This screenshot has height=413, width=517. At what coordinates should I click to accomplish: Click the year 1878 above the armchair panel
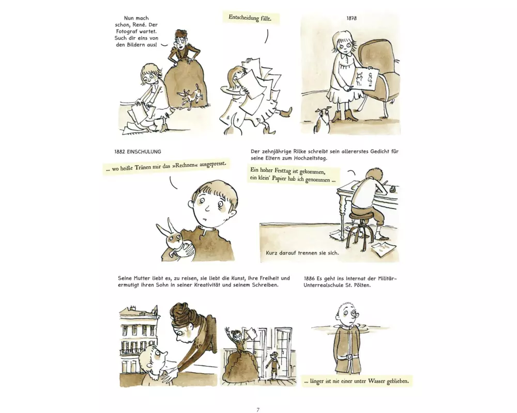352,19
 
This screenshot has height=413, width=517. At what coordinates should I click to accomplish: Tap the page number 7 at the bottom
258,410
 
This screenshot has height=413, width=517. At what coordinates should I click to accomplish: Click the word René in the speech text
151,25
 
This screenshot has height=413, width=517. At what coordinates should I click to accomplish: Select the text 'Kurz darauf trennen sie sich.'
302,253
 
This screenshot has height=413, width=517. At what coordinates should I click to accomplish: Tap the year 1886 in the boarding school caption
309,279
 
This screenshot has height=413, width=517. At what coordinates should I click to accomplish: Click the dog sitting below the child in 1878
322,121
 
